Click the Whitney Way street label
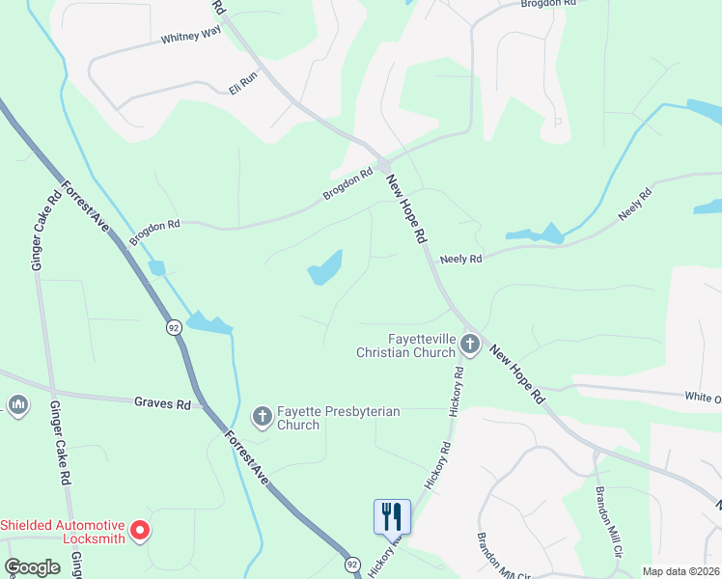[191, 36]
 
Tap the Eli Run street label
[242, 83]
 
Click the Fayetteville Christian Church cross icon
[470, 343]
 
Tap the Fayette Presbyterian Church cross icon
[262, 417]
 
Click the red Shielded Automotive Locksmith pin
[140, 530]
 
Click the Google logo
[32, 567]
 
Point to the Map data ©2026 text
[680, 571]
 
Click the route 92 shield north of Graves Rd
[173, 328]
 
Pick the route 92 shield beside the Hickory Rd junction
[351, 563]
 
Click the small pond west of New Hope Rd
[325, 268]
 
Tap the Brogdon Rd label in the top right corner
[547, 4]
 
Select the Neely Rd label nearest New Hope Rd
[459, 259]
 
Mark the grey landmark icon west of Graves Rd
[17, 403]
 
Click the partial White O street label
[702, 397]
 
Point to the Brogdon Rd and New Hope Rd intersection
[383, 165]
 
